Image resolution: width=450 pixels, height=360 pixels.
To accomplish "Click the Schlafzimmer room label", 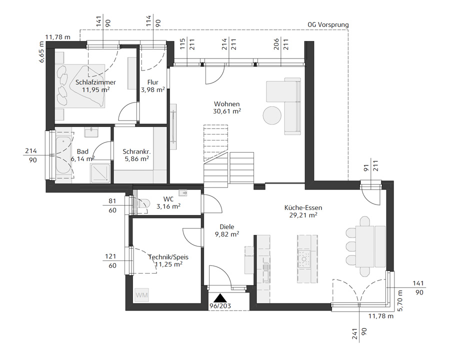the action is (x=95, y=82).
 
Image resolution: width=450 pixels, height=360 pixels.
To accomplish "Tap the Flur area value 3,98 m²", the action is (x=152, y=90).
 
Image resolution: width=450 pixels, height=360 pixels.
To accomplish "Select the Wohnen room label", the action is (x=226, y=104).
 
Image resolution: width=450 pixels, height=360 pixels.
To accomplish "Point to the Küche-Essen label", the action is (x=303, y=207).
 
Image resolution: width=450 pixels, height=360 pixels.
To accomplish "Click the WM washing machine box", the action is (x=142, y=295).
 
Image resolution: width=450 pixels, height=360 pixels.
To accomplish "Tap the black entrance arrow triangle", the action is (x=220, y=297).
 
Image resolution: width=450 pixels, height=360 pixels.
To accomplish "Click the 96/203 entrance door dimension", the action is (x=220, y=306).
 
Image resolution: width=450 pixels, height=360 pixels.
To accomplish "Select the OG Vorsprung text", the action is (x=328, y=24).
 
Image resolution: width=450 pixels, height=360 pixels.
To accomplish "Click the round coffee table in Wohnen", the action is (x=272, y=115).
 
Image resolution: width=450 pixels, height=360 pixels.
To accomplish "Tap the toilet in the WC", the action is (x=142, y=204).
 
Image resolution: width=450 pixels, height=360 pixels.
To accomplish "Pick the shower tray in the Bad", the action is (x=100, y=173).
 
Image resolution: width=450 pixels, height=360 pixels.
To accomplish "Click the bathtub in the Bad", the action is (x=63, y=155).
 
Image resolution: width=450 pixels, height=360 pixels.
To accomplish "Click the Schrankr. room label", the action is (x=136, y=151).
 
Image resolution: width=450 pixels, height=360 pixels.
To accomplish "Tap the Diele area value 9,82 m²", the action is (x=227, y=234).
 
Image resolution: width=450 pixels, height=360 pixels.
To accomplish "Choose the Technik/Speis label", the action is (x=168, y=257).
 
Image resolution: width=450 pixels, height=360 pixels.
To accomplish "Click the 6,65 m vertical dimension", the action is (x=42, y=51).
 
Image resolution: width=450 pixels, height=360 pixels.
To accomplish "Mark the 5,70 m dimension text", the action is (x=400, y=300).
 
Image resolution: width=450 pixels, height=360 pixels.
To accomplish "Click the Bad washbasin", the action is (x=91, y=132).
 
